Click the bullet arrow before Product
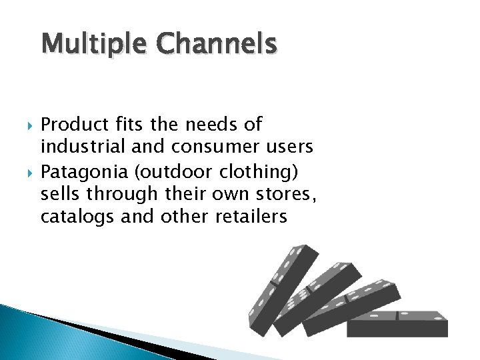[29, 125]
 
